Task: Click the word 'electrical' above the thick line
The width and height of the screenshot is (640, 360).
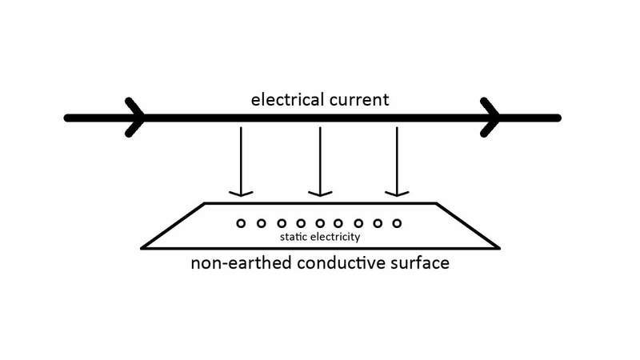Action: (x=287, y=99)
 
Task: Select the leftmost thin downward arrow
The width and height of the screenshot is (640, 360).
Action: (x=241, y=162)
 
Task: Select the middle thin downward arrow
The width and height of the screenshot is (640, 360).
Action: (x=320, y=162)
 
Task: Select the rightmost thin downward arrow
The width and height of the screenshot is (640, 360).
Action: (x=397, y=162)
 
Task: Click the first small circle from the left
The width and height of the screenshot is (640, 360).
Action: (x=242, y=218)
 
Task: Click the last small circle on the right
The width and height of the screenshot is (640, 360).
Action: (x=397, y=218)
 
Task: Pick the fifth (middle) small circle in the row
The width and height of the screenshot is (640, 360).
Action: (x=320, y=218)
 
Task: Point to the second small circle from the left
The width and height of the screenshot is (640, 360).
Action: (x=262, y=218)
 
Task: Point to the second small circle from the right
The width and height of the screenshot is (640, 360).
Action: (x=378, y=218)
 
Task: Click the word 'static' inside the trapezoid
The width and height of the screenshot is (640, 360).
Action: (x=294, y=237)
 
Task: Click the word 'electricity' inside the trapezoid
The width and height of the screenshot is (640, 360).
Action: (x=335, y=237)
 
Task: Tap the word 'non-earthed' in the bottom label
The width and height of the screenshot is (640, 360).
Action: (x=242, y=263)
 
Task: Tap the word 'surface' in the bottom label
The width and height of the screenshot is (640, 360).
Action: (x=419, y=263)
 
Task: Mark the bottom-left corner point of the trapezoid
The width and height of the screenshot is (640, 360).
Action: (x=142, y=248)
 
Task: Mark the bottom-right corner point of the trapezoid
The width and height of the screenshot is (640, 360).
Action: (x=499, y=248)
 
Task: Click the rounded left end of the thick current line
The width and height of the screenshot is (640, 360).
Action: (x=67, y=118)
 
